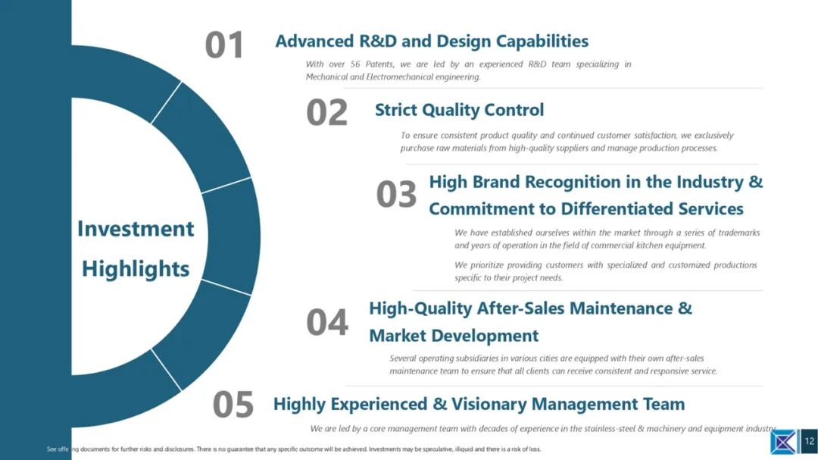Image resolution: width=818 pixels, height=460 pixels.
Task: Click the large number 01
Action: coord(224,45)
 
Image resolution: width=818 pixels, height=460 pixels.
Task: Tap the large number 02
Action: coord(326,113)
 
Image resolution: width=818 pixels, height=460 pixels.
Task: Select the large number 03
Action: coord(396,194)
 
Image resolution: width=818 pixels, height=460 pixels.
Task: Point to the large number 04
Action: coord(327,322)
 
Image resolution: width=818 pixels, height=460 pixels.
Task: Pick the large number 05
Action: coord(233,405)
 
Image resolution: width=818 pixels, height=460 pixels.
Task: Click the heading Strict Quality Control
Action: coord(459,110)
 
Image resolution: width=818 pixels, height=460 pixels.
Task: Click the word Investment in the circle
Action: coord(136,229)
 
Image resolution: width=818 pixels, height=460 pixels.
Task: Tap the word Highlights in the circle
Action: coord(136,269)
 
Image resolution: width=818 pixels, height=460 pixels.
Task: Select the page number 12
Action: coord(809,441)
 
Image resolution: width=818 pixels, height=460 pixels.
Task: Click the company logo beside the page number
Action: coord(784,442)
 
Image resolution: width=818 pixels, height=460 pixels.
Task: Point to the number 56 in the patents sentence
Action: coord(355,64)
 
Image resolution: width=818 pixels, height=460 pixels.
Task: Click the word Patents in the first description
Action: coord(379,64)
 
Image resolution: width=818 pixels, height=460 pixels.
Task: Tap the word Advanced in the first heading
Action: coord(308,41)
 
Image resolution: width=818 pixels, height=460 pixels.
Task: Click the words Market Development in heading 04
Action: coord(454,336)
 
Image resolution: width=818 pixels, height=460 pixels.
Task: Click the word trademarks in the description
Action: coord(739,233)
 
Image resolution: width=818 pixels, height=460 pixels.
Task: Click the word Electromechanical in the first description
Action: coord(398,77)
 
